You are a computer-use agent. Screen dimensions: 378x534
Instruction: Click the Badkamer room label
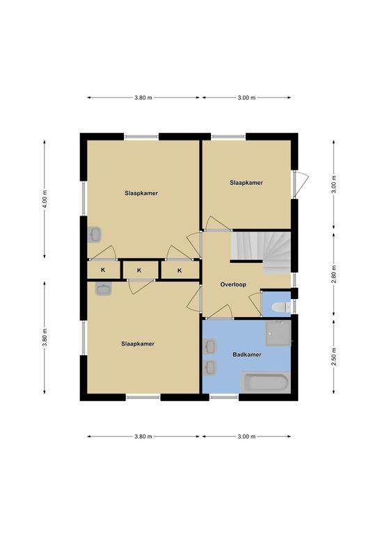tap(246, 355)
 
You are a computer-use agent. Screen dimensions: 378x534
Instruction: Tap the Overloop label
tap(233, 284)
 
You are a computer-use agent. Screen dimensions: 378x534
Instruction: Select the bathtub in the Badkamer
tap(266, 382)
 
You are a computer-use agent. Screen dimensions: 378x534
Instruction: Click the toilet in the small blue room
tap(281, 307)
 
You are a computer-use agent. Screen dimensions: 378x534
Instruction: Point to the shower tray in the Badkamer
tap(278, 333)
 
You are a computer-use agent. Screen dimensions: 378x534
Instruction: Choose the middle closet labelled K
tap(139, 270)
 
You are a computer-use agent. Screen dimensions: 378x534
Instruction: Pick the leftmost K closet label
tap(103, 270)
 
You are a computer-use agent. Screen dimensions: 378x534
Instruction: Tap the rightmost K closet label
tap(180, 270)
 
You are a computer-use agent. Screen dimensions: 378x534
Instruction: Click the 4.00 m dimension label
tap(45, 200)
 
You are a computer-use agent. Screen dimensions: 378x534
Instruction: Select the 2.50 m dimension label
tap(334, 357)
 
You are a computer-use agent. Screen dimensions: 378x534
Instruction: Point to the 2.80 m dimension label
tap(334, 274)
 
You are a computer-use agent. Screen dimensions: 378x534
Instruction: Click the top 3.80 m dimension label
tap(143, 98)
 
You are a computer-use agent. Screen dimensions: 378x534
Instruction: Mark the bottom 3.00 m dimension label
tap(246, 436)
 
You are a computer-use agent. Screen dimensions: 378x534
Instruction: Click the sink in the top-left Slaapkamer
tap(95, 234)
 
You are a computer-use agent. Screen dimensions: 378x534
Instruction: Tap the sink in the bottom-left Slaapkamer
tap(103, 289)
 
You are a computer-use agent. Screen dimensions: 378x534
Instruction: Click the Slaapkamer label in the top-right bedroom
tap(246, 183)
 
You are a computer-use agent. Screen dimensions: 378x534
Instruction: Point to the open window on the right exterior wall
tap(300, 184)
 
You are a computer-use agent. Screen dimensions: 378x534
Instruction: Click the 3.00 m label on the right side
tap(334, 184)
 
